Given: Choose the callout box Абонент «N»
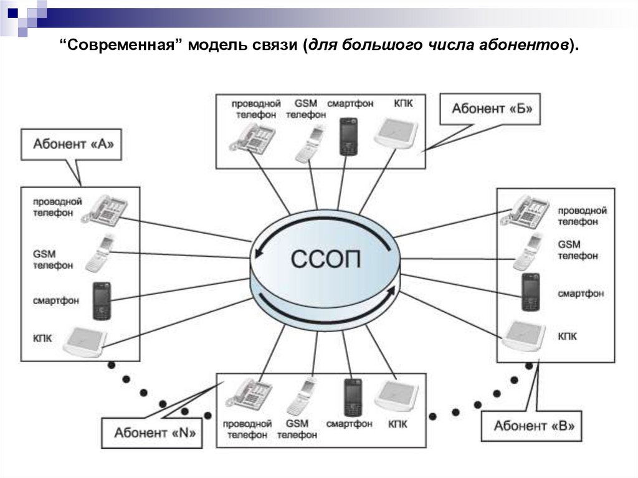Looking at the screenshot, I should (151, 432).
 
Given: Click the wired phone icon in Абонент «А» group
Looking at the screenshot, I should (105, 209).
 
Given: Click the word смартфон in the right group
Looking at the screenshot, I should (581, 293).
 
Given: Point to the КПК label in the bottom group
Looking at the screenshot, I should (398, 424).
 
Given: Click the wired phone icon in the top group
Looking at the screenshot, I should (254, 138).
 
